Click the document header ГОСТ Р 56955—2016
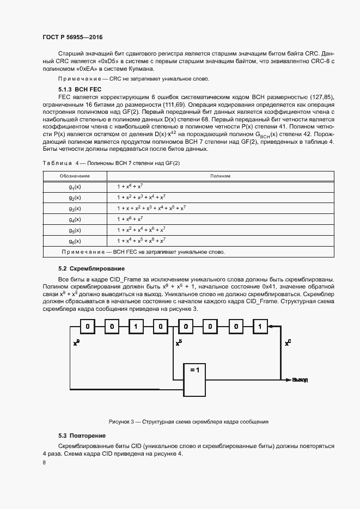(x=72, y=37)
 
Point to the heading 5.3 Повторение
(x=82, y=436)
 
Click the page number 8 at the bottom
(x=44, y=462)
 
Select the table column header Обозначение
(x=75, y=176)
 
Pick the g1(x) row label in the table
(x=75, y=186)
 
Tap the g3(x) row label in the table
(x=75, y=208)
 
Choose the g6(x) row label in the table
(x=75, y=241)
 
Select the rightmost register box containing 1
(x=260, y=327)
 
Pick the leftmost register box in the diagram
(x=87, y=327)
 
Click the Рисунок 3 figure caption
(x=188, y=422)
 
